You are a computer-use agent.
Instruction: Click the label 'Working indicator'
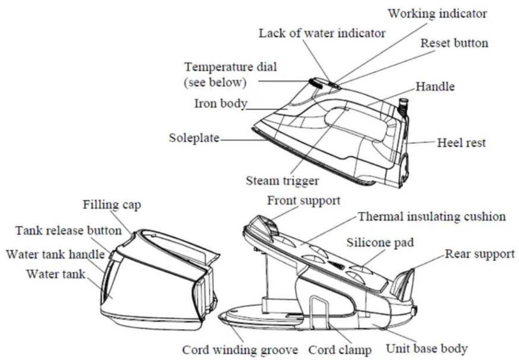pos(437,14)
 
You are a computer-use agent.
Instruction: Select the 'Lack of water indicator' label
pos(322,33)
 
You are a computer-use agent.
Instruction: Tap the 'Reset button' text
pos(454,43)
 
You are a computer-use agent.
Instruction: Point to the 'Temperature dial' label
pos(230,67)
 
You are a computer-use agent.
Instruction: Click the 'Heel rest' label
pos(461,143)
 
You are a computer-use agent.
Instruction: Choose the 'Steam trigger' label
pos(282,180)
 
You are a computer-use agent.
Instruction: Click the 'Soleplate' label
pos(194,137)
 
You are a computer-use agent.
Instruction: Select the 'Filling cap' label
pos(112,205)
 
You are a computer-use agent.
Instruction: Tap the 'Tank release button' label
pos(68,230)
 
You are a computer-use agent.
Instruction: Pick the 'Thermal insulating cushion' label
pos(432,217)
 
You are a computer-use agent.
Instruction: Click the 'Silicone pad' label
pos(380,243)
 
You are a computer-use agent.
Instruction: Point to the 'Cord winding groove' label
pos(240,350)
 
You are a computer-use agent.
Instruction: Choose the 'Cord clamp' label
pos(340,350)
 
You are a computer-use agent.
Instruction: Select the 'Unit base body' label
pos(427,348)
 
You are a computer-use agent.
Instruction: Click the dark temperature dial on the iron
pos(316,83)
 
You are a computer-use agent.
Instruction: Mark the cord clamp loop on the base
pos(320,312)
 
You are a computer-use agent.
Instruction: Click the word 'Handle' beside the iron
pos(435,87)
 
